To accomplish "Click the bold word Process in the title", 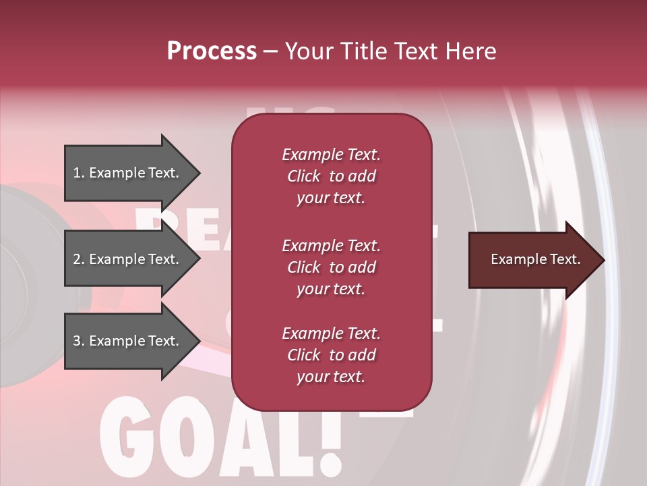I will [212, 51].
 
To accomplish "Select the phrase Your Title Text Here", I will [391, 51].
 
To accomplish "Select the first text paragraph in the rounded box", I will [331, 176].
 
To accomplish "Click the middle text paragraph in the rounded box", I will [331, 267].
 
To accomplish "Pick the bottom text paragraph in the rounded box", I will [331, 355].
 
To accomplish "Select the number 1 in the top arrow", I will [77, 173].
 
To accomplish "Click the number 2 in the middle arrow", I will [77, 259].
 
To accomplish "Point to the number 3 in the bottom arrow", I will [77, 341].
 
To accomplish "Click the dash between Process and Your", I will [271, 51].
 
